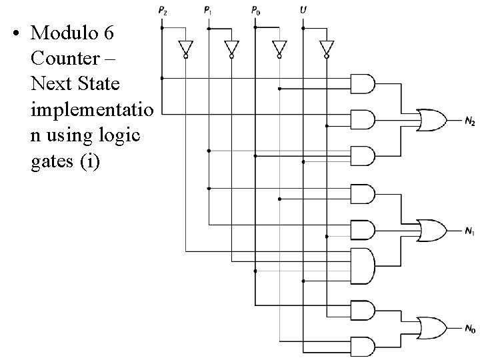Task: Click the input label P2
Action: click(x=163, y=11)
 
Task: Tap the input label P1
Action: click(x=209, y=11)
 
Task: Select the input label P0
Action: click(x=255, y=11)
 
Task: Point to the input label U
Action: click(x=303, y=11)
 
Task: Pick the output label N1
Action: click(x=470, y=231)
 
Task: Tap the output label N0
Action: click(x=470, y=328)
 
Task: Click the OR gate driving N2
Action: click(x=431, y=119)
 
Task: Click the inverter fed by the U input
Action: click(x=326, y=48)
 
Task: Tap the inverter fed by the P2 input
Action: click(x=185, y=48)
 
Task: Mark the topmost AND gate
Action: click(x=362, y=83)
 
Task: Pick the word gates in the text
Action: click(x=51, y=162)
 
